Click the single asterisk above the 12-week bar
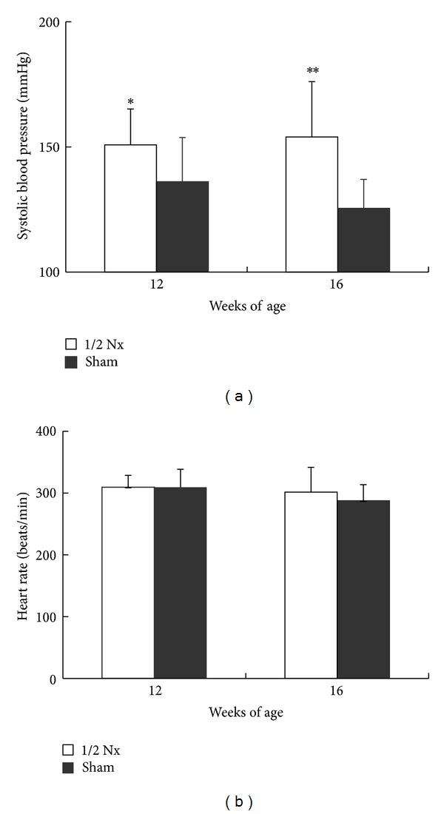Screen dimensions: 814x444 130,102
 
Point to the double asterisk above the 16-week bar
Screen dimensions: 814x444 312,72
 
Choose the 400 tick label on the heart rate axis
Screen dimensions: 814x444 50,431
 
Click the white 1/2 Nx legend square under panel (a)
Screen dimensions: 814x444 72,344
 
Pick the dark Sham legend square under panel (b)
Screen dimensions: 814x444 72,767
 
